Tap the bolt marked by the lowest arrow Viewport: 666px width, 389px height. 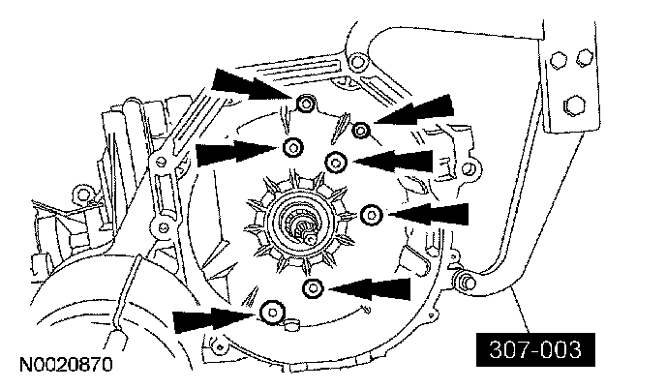click(272, 312)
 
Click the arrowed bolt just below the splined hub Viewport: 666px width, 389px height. click(313, 288)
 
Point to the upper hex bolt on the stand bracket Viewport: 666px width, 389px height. click(559, 60)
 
